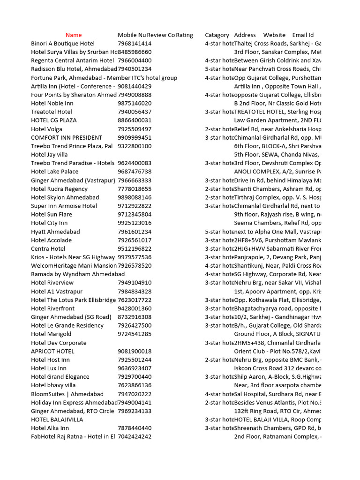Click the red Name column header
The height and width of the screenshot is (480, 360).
(x=74, y=35)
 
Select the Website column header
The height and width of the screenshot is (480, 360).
(x=274, y=35)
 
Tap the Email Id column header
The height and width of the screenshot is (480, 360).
(x=303, y=35)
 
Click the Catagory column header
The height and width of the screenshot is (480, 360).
(x=217, y=35)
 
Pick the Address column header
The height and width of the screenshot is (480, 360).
(x=245, y=35)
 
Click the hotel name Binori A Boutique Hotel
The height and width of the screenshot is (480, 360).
(x=62, y=44)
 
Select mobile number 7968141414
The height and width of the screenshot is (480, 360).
(x=135, y=44)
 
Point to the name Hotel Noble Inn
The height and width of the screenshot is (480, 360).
(x=52, y=103)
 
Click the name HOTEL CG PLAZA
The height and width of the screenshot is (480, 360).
(x=53, y=120)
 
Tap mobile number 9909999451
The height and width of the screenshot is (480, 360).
(x=135, y=138)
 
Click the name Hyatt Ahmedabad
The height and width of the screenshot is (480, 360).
(x=55, y=232)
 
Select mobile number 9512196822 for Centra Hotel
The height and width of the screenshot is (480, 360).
(x=135, y=249)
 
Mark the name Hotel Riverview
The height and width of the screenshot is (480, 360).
(x=52, y=283)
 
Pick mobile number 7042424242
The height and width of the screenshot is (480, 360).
(x=135, y=436)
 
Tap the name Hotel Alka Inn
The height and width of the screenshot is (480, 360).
(x=50, y=428)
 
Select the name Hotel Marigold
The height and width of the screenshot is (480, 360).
(x=51, y=334)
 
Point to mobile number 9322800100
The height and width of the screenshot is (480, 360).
(x=135, y=146)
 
